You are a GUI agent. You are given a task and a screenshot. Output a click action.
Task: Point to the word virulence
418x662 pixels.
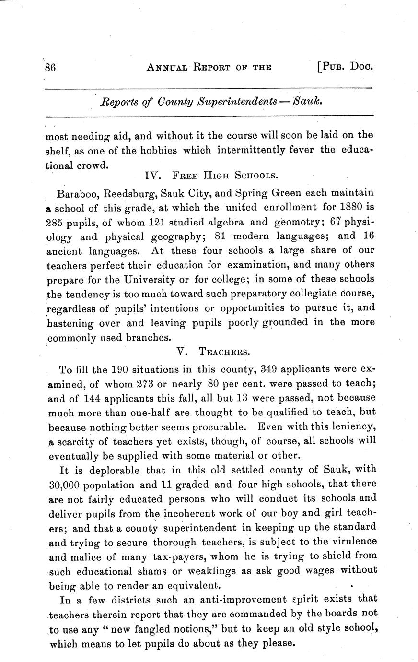click(x=349, y=541)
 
